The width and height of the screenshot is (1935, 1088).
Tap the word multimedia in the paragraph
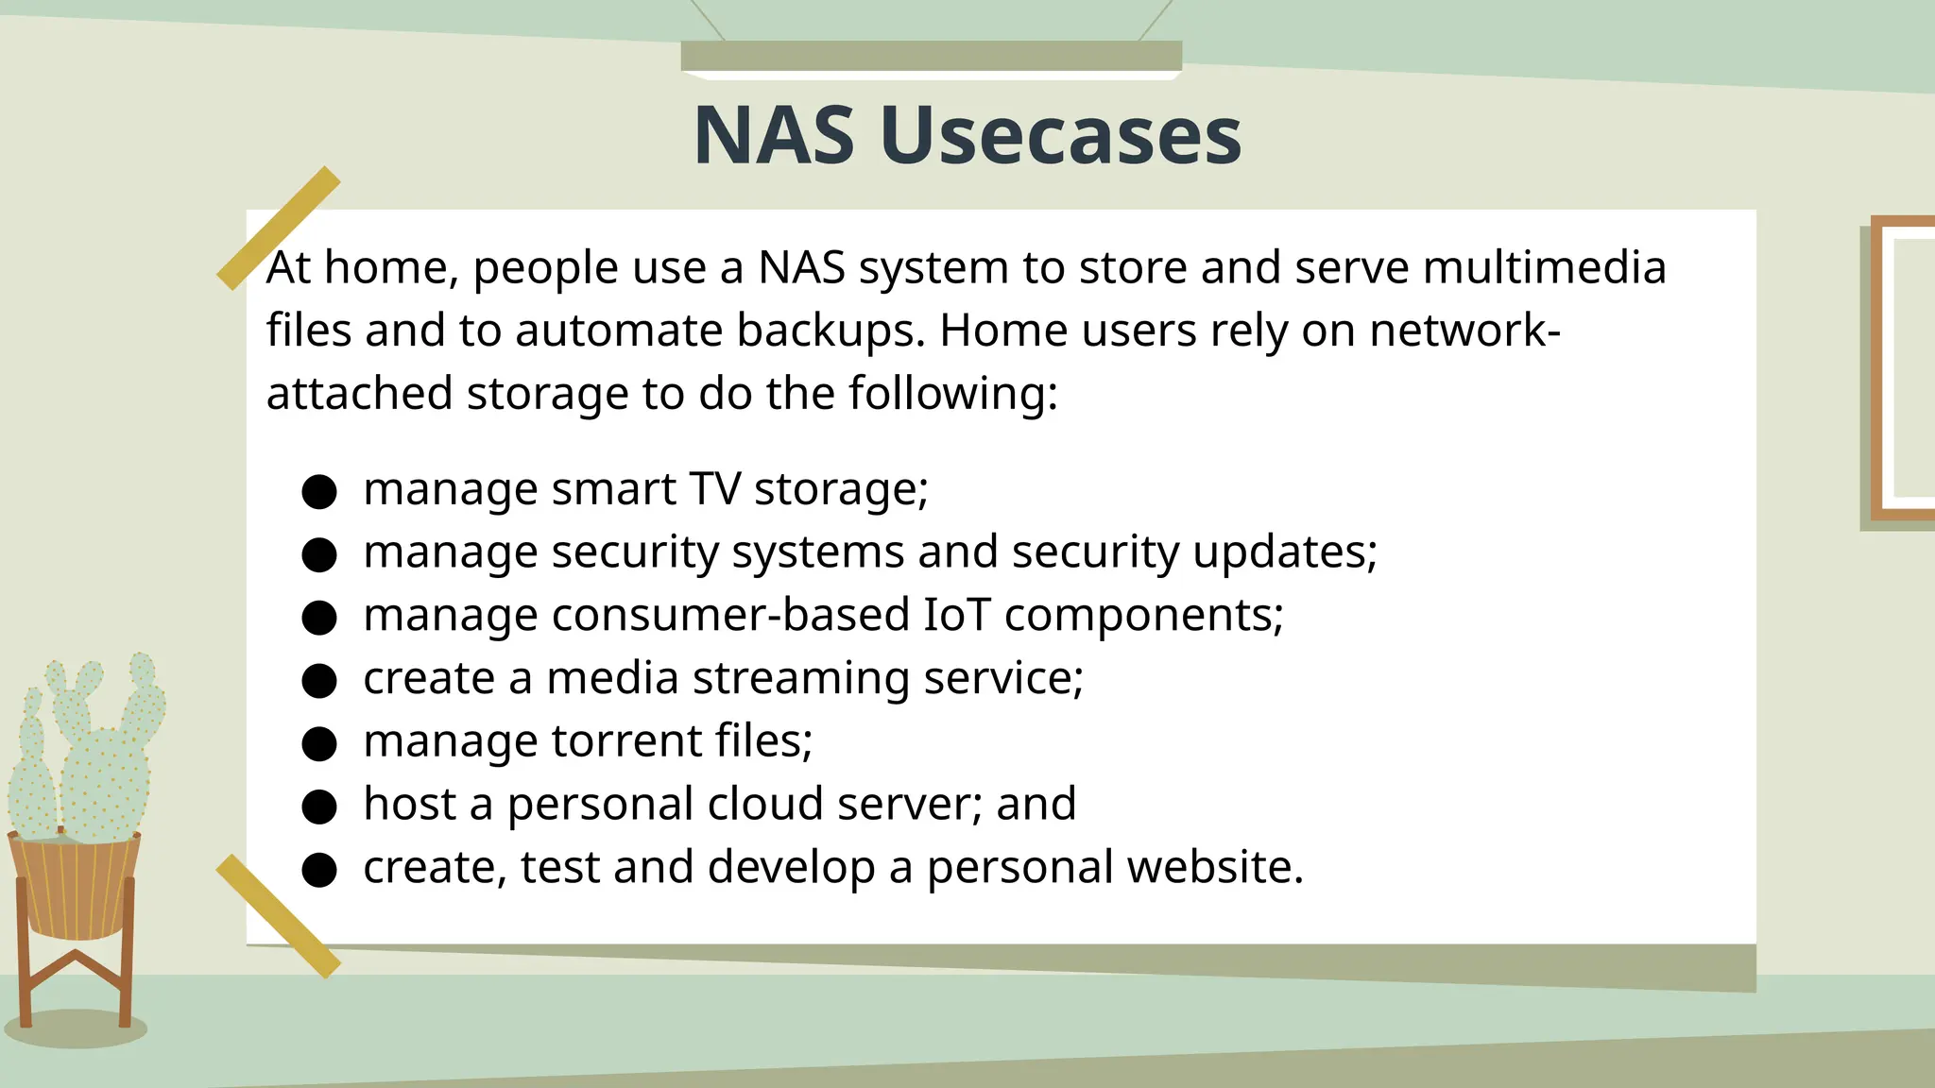tap(1544, 267)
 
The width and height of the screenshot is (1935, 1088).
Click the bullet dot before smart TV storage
tap(319, 492)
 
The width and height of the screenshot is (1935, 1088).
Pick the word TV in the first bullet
tap(714, 489)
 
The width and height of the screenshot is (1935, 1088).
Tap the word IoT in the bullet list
tap(956, 615)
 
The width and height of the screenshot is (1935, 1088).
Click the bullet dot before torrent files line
tap(319, 743)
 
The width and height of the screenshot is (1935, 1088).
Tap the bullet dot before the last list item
tap(319, 870)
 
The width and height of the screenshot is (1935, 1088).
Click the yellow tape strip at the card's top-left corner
tap(278, 228)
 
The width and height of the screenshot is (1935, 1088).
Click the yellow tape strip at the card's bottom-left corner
tap(278, 916)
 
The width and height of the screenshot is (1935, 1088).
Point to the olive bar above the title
tap(931, 55)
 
